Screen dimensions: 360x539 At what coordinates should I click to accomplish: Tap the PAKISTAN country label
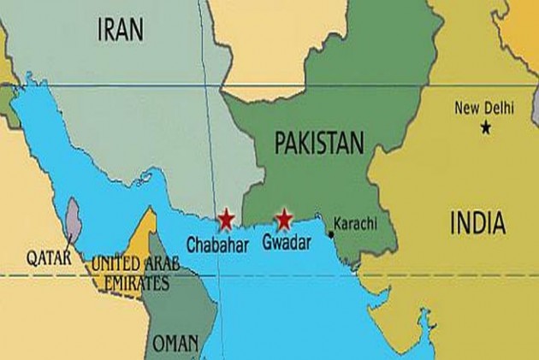point(319,144)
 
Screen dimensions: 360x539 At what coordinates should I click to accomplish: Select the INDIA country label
point(477,224)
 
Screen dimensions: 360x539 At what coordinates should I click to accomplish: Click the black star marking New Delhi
point(486,127)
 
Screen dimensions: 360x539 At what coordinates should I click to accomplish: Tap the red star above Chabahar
point(226,219)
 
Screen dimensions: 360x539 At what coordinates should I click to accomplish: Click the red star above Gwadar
point(282,219)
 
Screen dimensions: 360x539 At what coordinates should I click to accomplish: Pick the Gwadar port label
point(285,241)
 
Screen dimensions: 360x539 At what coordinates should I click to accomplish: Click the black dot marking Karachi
point(331,232)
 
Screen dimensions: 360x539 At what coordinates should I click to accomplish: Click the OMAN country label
point(175,343)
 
